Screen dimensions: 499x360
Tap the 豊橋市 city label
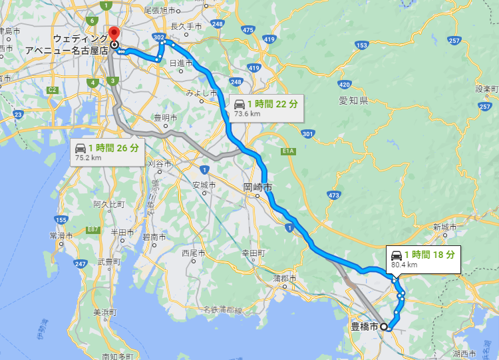point(365,327)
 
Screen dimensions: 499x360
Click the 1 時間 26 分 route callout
point(106,151)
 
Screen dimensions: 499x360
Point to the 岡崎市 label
point(257,188)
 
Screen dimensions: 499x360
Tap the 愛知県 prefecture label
point(353,101)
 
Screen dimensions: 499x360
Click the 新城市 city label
point(444,227)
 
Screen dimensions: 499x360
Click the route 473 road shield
point(333,195)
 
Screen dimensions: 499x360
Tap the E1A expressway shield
point(287,151)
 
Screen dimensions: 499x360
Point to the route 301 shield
point(307,134)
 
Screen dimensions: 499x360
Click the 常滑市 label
point(61,235)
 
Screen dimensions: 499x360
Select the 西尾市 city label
point(194,253)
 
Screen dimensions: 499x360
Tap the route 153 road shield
point(362,45)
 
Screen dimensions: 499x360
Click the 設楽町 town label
point(486,89)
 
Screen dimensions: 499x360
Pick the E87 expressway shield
point(92,230)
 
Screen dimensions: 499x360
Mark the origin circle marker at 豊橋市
point(384,327)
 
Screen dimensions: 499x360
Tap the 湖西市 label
point(463,353)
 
